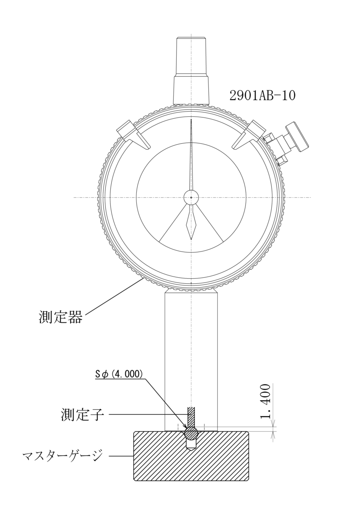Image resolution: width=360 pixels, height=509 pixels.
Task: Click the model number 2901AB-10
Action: [x=262, y=95]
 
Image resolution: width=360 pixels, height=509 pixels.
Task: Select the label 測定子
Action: [x=82, y=414]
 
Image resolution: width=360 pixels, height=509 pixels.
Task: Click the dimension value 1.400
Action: [x=265, y=401]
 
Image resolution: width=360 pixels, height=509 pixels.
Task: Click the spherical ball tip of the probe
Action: [x=191, y=433]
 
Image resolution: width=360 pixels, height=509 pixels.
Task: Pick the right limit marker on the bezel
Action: [x=249, y=134]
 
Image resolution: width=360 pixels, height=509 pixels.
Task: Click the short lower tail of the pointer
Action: [x=191, y=225]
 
